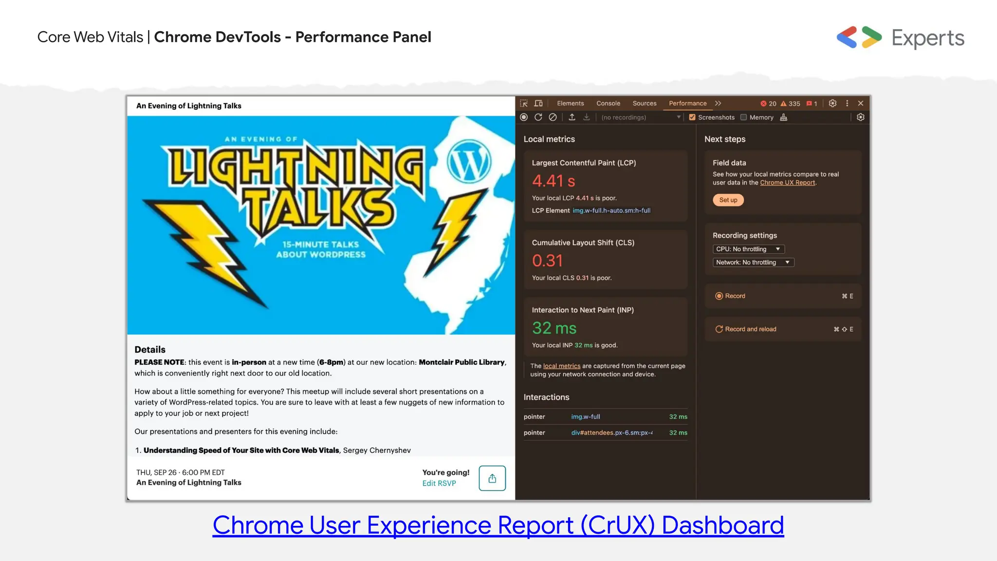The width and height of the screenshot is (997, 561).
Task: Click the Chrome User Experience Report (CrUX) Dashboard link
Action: [x=498, y=525]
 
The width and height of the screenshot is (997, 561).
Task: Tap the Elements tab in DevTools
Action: [x=570, y=103]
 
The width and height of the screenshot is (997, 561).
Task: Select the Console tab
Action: [x=608, y=103]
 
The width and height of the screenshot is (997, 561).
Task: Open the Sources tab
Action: [x=644, y=103]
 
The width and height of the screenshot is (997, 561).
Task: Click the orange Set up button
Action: [x=728, y=200]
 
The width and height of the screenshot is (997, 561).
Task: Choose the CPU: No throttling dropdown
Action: [x=748, y=249]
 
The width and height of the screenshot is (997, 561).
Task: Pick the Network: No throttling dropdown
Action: [x=753, y=262]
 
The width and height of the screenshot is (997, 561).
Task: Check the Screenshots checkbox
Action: [x=692, y=117]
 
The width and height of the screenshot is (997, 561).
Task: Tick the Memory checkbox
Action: [x=743, y=117]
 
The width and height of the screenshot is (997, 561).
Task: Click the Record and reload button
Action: [x=750, y=329]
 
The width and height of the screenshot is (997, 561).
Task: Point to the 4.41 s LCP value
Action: [x=554, y=181]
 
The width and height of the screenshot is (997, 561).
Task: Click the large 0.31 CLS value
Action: [x=547, y=261]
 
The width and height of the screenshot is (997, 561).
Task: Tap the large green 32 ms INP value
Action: [x=554, y=328]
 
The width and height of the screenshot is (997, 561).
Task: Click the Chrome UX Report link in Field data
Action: [x=787, y=183]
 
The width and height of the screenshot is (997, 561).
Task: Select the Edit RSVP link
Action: [x=439, y=483]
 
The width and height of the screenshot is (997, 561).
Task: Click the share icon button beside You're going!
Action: [x=492, y=478]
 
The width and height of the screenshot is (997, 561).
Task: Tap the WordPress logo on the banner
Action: [x=469, y=162]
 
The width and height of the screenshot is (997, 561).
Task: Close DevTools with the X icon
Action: [x=861, y=103]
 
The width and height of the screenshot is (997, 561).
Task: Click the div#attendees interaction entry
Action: [x=611, y=432]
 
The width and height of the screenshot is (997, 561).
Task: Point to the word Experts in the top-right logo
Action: [x=927, y=38]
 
